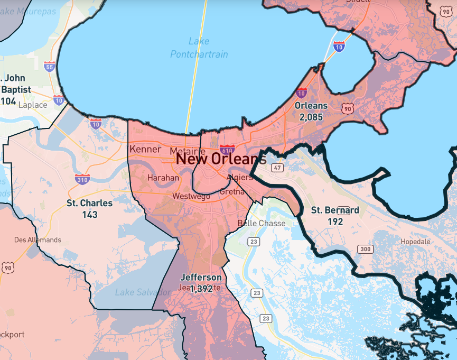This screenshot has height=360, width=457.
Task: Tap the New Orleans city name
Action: click(221, 159)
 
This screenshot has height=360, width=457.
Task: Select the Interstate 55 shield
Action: click(50, 66)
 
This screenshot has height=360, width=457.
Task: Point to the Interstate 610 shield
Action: click(227, 150)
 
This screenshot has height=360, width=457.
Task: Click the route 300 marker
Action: click(365, 249)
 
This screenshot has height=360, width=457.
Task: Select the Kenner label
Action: click(145, 149)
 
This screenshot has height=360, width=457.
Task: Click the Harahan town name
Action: click(163, 178)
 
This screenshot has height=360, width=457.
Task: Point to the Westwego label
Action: click(191, 196)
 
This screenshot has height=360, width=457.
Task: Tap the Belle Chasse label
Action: click(261, 223)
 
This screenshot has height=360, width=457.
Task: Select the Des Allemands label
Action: click(38, 239)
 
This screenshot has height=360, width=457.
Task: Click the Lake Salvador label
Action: click(136, 292)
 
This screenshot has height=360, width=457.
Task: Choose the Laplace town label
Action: click(33, 105)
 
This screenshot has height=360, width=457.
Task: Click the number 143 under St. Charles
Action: click(90, 215)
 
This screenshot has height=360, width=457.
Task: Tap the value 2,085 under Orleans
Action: click(311, 117)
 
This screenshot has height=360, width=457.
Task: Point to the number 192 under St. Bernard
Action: click(335, 221)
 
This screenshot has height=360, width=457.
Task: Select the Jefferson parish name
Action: click(201, 277)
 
